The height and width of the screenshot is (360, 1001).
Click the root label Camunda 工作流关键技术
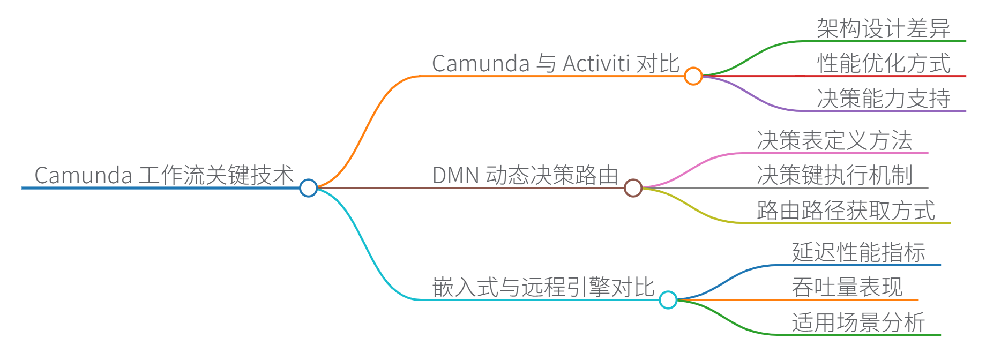[x=164, y=175]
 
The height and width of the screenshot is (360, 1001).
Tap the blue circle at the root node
[x=308, y=188]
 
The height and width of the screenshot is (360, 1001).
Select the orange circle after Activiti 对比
[x=693, y=76]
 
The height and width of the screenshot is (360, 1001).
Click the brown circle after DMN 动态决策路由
[x=633, y=188]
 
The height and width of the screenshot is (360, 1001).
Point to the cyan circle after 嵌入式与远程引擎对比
[x=668, y=300]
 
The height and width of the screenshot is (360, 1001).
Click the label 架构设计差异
[x=883, y=28]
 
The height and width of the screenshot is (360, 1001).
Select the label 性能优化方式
[x=883, y=63]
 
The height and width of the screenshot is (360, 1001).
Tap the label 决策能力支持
[x=883, y=99]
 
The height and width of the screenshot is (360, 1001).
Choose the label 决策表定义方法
[x=834, y=140]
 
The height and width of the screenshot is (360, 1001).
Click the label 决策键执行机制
[x=834, y=175]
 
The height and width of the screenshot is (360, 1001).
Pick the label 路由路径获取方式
[x=846, y=211]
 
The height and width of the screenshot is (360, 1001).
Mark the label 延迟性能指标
[x=858, y=252]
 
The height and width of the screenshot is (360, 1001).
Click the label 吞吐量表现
[x=847, y=288]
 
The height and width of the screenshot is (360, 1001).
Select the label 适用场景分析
[x=858, y=322]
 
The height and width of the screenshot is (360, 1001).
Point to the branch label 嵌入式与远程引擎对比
[x=543, y=288]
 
